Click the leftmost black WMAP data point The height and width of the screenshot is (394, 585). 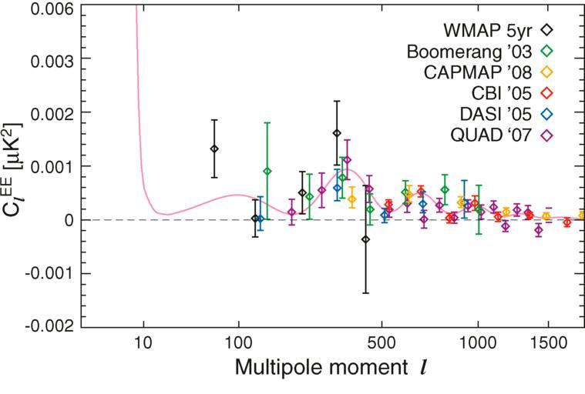pyautogui.click(x=214, y=149)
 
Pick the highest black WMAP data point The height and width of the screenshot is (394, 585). pyautogui.click(x=337, y=133)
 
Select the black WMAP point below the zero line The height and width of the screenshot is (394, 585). pyautogui.click(x=365, y=239)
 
